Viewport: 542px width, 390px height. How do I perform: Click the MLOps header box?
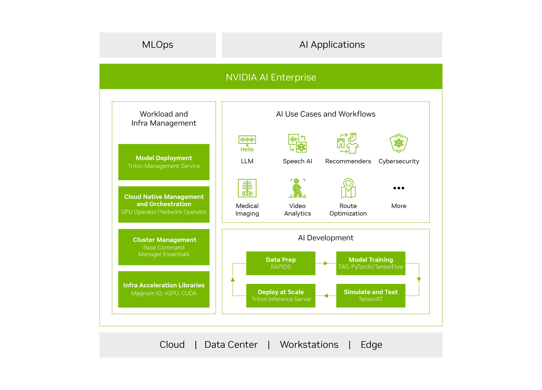point(157,45)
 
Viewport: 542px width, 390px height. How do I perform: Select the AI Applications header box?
point(332,45)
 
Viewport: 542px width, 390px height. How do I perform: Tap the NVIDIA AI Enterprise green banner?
point(271,77)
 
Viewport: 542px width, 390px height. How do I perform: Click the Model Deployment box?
point(164,162)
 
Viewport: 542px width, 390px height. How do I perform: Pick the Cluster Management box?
point(164,247)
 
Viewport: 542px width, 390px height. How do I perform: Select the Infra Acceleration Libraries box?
point(164,289)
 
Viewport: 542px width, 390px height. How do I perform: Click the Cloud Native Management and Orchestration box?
point(164,204)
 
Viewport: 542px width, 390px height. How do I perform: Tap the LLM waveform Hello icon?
point(247,143)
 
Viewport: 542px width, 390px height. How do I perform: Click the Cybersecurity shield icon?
point(399,143)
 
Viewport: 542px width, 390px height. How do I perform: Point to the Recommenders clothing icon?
point(348,143)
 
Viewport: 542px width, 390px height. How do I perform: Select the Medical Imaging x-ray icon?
point(247,188)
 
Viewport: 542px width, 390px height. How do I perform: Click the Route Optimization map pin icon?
point(348,188)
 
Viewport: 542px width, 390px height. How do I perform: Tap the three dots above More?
point(399,188)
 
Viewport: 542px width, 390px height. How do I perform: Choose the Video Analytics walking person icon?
point(297,188)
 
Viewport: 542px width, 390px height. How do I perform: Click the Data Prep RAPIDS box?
point(280,263)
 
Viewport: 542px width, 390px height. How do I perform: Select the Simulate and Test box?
point(370,295)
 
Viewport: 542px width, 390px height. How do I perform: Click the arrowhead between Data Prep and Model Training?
point(325,263)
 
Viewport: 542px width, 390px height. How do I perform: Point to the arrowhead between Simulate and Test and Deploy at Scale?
point(326,296)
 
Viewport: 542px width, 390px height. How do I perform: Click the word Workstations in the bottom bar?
point(309,344)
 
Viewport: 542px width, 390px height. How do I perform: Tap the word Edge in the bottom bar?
point(371,344)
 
